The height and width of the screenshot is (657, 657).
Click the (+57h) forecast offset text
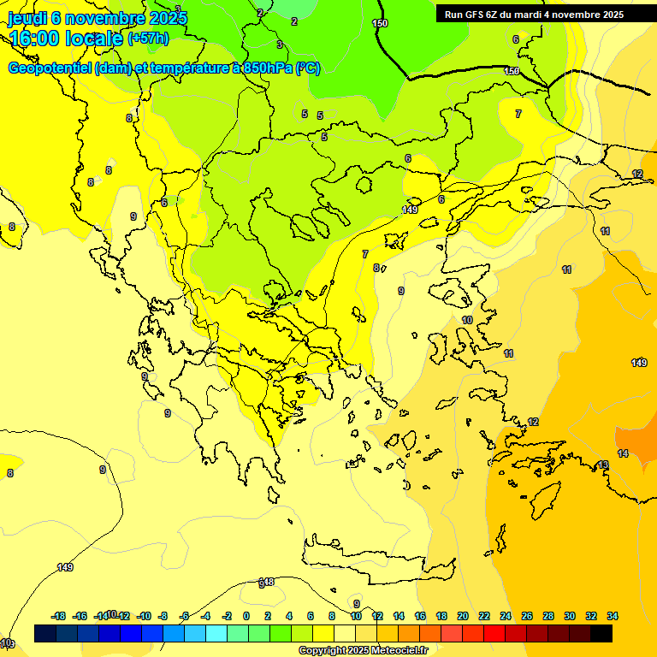(148, 38)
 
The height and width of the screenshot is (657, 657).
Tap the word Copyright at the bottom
(323, 650)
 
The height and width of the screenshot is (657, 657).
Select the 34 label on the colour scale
(612, 616)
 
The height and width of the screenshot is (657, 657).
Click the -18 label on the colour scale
(59, 616)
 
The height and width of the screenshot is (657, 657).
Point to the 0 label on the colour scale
(246, 616)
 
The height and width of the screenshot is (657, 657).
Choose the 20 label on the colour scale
(463, 616)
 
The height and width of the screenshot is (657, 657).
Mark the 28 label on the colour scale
(548, 616)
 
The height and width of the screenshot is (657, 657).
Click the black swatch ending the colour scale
(601, 633)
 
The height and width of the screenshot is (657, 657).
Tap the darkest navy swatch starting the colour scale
(45, 633)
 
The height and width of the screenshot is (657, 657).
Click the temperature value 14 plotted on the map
(623, 453)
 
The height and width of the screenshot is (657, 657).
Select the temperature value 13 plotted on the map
(603, 465)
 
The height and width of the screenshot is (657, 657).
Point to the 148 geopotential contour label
(267, 582)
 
